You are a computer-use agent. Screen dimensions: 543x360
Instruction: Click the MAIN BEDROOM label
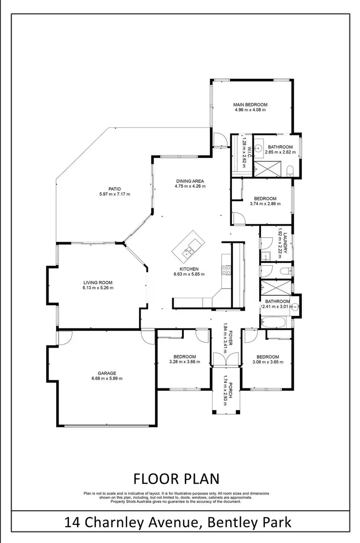click(x=250, y=104)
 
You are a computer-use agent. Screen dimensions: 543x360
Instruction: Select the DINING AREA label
click(x=190, y=181)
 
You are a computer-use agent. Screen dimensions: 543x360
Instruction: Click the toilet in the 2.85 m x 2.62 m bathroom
click(x=289, y=170)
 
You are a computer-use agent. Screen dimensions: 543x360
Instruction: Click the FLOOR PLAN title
click(x=176, y=479)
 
